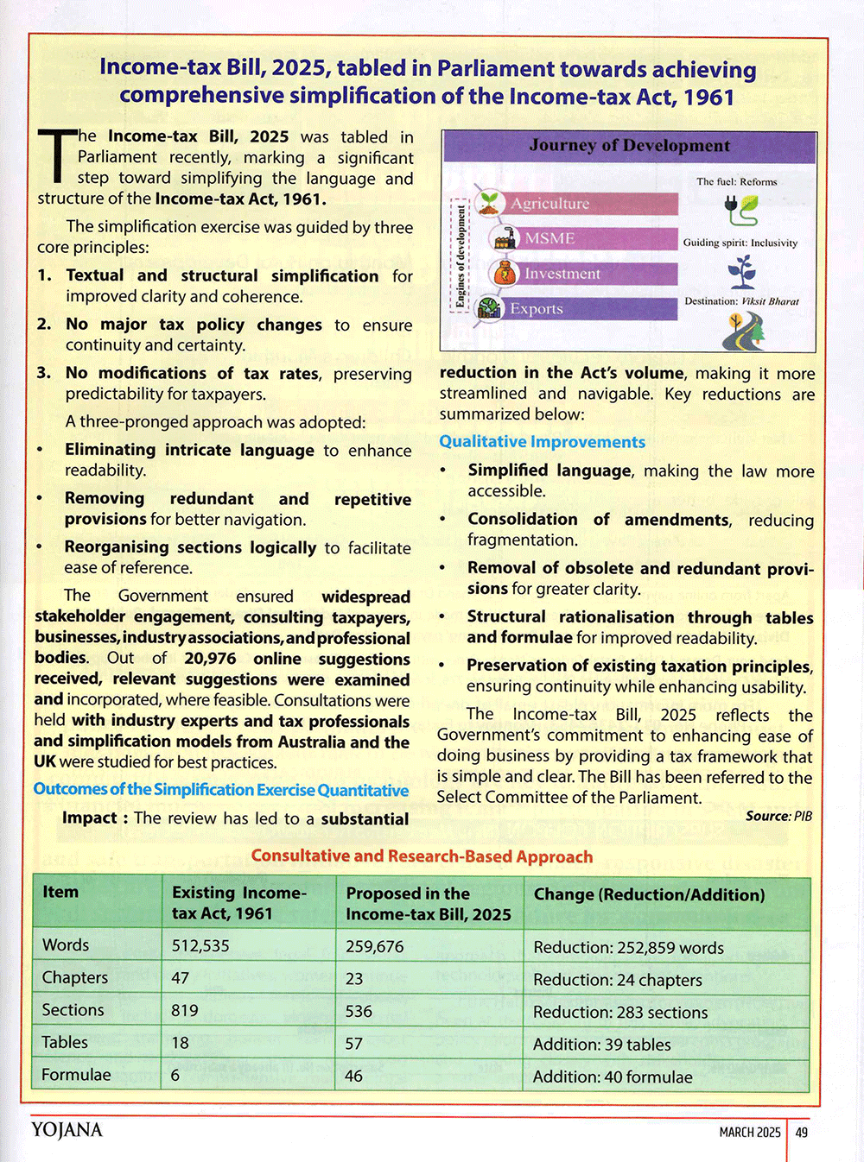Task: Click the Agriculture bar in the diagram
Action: (x=588, y=204)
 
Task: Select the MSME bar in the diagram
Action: (x=596, y=238)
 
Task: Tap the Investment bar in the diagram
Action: (x=596, y=274)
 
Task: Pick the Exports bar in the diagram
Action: (x=588, y=308)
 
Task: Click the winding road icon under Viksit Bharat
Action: (x=742, y=331)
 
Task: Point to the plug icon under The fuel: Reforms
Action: (x=740, y=209)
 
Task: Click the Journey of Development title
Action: (x=629, y=146)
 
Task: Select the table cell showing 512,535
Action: (x=200, y=945)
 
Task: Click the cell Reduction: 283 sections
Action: (x=620, y=1012)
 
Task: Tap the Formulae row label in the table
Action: (x=76, y=1075)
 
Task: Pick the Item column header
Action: (x=60, y=892)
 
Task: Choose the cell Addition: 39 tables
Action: (x=601, y=1045)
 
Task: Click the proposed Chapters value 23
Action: (x=354, y=979)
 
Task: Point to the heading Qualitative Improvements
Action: (x=542, y=442)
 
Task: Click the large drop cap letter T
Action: (x=57, y=155)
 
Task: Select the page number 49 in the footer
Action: (x=802, y=1132)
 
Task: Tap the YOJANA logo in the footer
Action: (x=67, y=1130)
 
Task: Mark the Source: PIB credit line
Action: (x=778, y=816)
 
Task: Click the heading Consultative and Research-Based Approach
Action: (x=422, y=856)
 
